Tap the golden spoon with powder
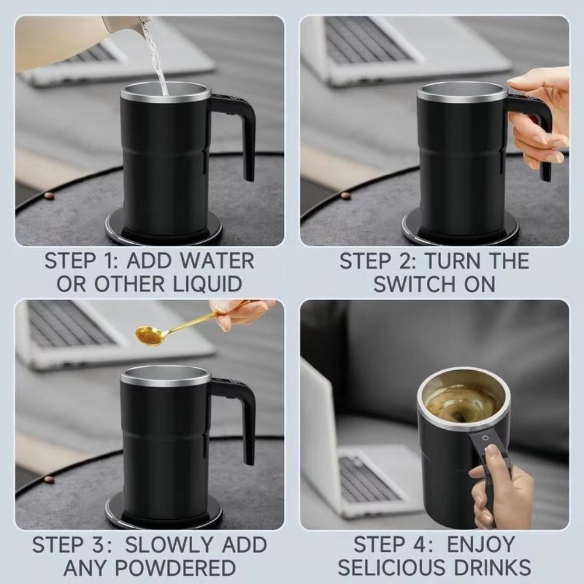pyautogui.click(x=150, y=335)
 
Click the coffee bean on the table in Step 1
pyautogui.click(x=48, y=196)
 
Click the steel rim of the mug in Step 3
pyautogui.click(x=165, y=377)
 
